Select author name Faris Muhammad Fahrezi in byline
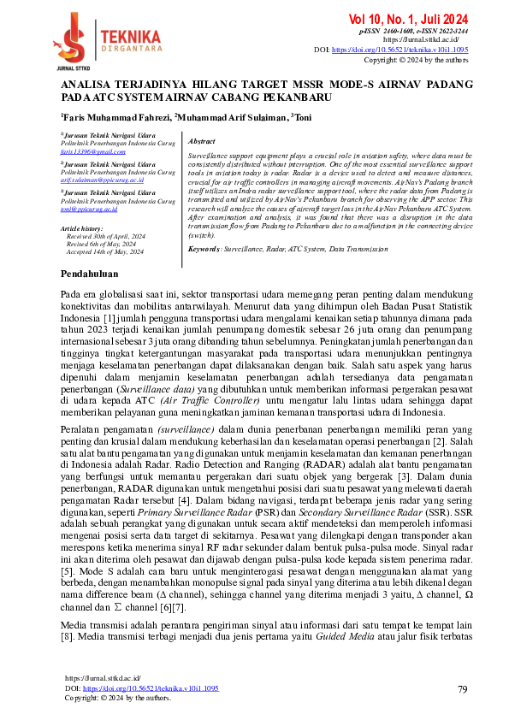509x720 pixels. (x=114, y=117)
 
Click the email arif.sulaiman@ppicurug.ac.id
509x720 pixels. (x=102, y=181)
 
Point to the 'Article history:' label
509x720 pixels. (x=83, y=229)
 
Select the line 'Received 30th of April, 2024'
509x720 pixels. (x=104, y=236)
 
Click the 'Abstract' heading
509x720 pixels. (x=201, y=141)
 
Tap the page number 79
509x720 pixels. (x=462, y=688)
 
